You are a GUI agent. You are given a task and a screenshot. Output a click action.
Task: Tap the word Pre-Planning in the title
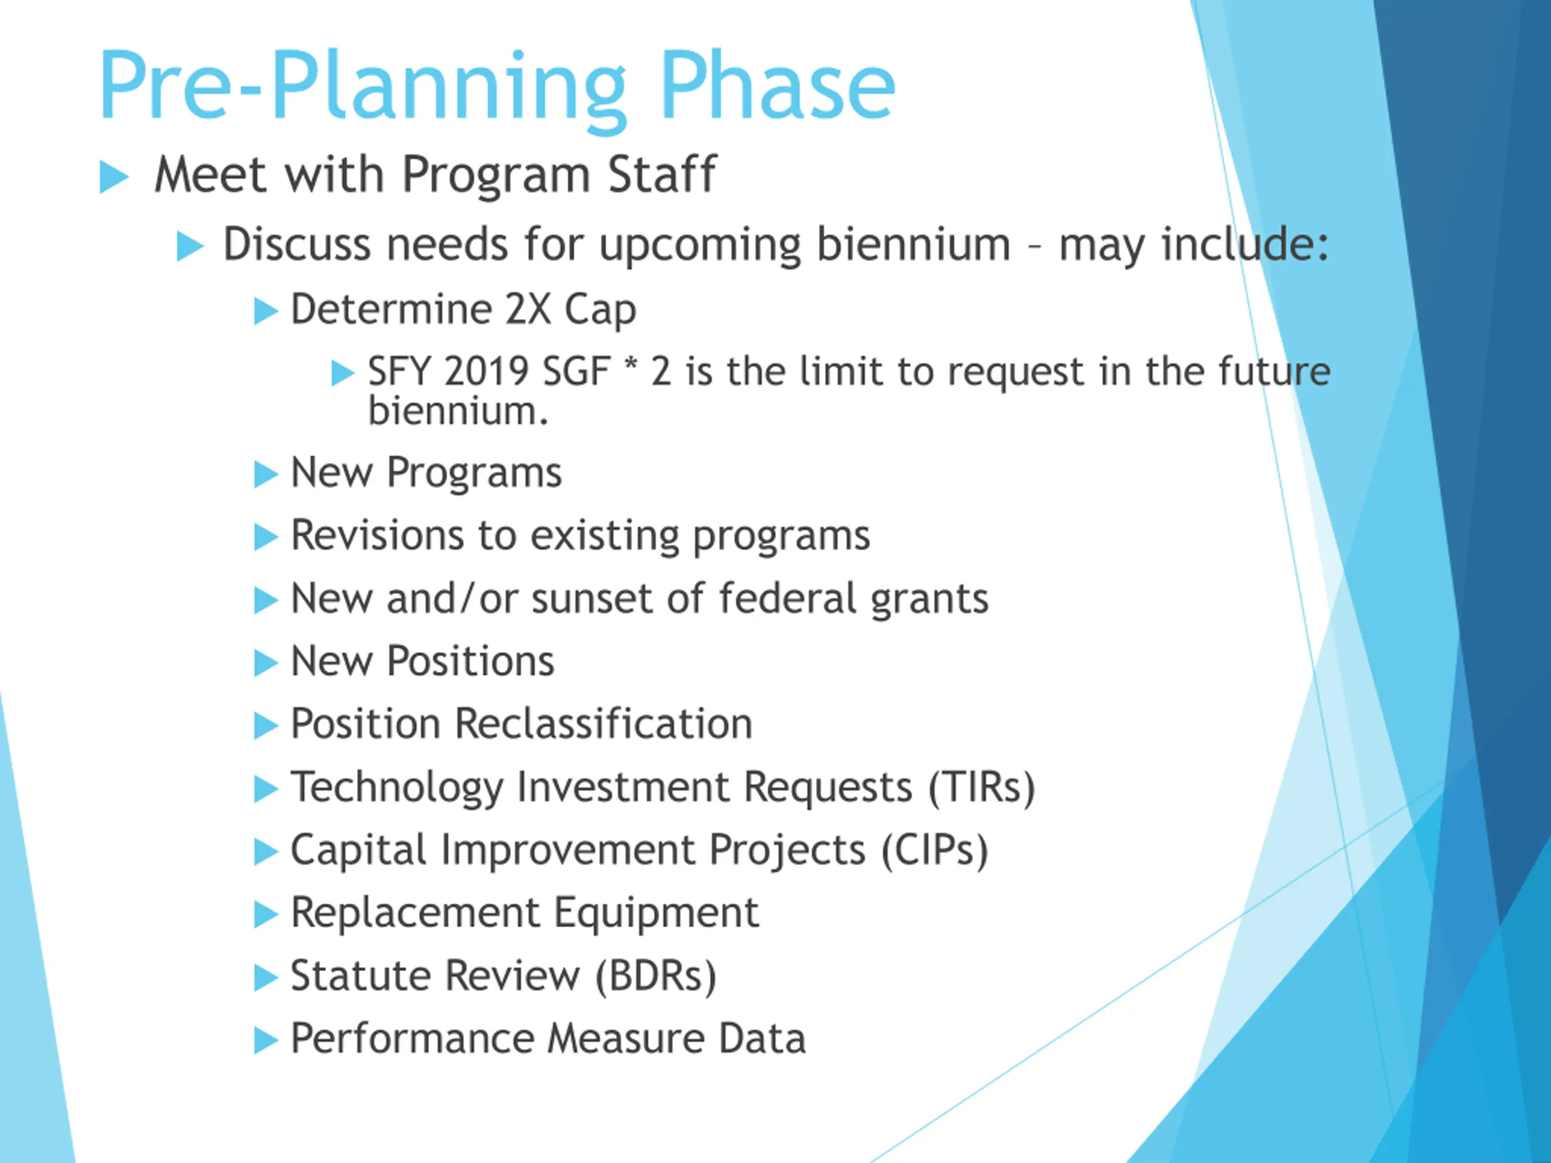pyautogui.click(x=362, y=91)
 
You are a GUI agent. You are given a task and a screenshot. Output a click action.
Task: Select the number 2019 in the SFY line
pyautogui.click(x=485, y=371)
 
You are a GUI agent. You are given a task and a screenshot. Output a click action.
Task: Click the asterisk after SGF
pyautogui.click(x=630, y=365)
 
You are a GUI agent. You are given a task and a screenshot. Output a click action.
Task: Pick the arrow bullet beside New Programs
pyautogui.click(x=266, y=475)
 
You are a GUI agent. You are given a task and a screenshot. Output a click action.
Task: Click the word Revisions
pyautogui.click(x=377, y=535)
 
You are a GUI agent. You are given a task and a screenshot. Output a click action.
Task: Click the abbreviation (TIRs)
pyautogui.click(x=981, y=787)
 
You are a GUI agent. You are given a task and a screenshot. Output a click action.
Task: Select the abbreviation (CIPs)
pyautogui.click(x=935, y=850)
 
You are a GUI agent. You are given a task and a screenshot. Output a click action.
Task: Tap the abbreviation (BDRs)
pyautogui.click(x=656, y=976)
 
